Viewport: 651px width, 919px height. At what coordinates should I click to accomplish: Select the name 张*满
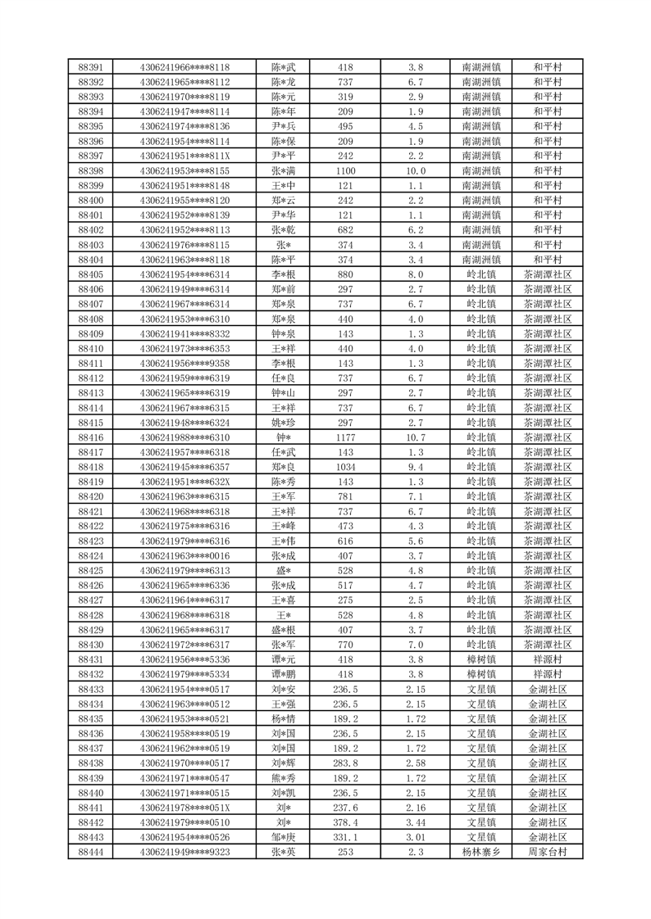click(283, 171)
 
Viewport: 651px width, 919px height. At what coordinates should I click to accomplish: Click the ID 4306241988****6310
click(184, 437)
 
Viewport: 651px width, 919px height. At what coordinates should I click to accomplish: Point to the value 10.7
click(416, 437)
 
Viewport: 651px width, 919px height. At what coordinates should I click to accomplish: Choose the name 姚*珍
click(283, 423)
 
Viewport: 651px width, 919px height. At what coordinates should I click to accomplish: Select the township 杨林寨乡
click(480, 852)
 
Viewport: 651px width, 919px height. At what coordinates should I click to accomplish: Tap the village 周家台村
click(548, 852)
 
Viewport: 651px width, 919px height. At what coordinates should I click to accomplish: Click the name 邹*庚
click(283, 837)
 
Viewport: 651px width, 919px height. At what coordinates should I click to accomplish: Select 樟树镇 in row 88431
click(480, 659)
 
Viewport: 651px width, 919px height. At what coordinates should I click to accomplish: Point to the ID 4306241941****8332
click(184, 334)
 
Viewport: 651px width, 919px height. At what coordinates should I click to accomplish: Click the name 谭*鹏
click(283, 674)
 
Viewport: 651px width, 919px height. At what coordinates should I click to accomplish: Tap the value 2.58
click(416, 763)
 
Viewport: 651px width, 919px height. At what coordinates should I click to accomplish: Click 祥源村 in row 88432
click(548, 674)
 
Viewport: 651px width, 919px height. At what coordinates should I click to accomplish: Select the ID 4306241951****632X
click(184, 482)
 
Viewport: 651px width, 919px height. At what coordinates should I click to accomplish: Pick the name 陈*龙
click(283, 82)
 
